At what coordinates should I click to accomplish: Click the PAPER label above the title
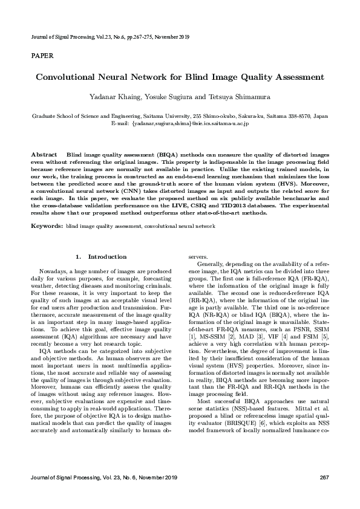42,56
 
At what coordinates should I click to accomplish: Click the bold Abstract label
44,155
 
